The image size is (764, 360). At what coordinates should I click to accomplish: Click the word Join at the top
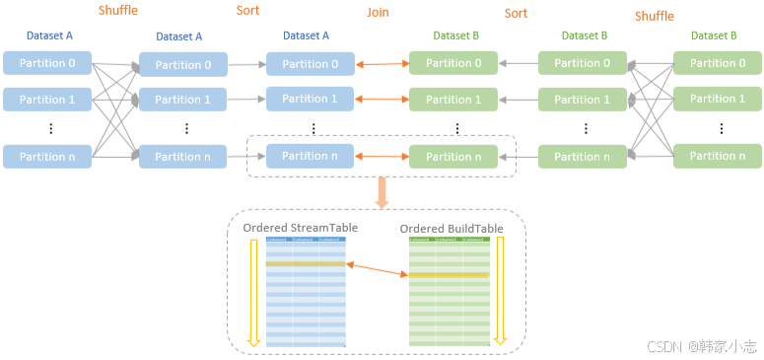[379, 14]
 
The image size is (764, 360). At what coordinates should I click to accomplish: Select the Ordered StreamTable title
[300, 228]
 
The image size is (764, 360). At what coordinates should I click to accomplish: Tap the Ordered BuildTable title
[451, 228]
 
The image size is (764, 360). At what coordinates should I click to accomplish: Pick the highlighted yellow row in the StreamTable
[306, 263]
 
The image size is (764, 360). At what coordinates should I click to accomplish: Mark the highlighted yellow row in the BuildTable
[450, 275]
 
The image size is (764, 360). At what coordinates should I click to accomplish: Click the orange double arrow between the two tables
[378, 269]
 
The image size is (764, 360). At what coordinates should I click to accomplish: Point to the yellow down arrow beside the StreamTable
[253, 292]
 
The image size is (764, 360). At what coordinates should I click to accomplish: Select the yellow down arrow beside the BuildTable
[500, 292]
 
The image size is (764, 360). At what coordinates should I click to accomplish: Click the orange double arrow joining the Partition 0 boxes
[382, 64]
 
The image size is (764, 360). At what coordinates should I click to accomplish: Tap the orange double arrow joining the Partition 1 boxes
[382, 99]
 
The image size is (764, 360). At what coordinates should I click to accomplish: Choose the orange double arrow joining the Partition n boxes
[382, 156]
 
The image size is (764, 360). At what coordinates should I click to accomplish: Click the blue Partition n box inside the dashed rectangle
[310, 156]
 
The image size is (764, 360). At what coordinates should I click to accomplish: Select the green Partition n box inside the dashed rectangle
[453, 156]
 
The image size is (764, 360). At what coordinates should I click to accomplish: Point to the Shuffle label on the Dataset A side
[118, 11]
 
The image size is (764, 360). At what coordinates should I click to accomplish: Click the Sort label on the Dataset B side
[516, 14]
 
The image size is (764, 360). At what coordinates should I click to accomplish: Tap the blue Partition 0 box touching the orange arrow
[310, 64]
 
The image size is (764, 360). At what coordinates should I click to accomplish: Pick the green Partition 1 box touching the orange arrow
[453, 99]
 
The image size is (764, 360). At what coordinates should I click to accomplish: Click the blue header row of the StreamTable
[306, 239]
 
